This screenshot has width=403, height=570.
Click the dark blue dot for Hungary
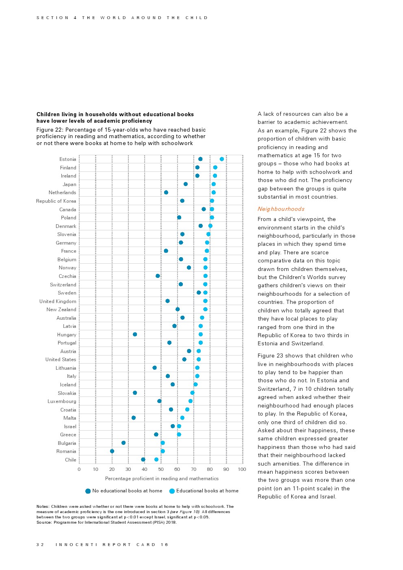point(135,334)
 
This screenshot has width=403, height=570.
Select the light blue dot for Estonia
point(222,159)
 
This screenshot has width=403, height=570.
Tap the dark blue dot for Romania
point(112,451)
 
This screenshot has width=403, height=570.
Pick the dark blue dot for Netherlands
point(166,192)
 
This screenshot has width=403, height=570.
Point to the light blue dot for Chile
point(156,459)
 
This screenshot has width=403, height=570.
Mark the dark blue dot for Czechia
point(158,276)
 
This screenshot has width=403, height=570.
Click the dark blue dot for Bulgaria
point(123,443)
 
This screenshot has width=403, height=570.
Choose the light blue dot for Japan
point(214,184)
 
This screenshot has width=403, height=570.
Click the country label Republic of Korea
point(56,201)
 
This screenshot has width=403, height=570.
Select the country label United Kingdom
point(58,301)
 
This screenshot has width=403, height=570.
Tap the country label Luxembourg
point(62,401)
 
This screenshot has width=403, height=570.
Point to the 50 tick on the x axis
point(161,469)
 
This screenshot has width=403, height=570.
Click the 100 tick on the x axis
point(242,469)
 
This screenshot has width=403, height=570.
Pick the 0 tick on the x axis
point(79,469)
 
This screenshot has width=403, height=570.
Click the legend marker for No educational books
point(88,491)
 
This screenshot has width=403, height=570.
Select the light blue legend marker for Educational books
point(172,491)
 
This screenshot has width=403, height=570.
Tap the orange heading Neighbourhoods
point(281,209)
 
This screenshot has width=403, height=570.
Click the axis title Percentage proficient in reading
point(162,479)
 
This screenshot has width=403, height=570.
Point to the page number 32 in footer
point(40,544)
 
